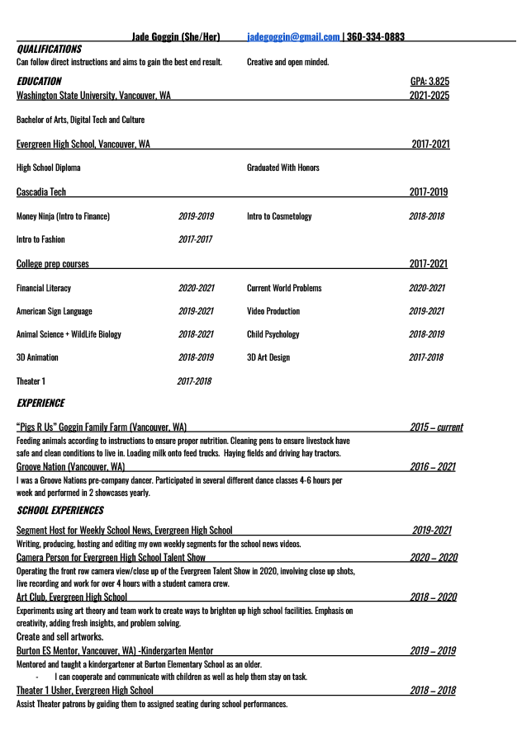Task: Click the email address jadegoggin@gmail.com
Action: (293, 37)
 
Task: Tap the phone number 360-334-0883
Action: (376, 37)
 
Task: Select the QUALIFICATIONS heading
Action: (49, 50)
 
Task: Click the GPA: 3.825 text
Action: (429, 82)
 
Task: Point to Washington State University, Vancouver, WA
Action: (93, 96)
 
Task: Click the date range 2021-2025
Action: (429, 96)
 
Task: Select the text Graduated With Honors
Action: (282, 168)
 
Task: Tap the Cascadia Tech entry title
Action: (41, 192)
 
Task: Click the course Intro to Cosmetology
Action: (279, 216)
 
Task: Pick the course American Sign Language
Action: (55, 311)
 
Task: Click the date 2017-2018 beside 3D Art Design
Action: (426, 357)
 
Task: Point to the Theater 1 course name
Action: (31, 381)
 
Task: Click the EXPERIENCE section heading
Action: (40, 404)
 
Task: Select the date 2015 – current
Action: (436, 427)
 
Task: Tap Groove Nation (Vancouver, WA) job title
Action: (70, 467)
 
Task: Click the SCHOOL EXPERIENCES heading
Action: (60, 511)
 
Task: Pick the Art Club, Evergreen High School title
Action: (72, 597)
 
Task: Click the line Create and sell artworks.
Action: (59, 637)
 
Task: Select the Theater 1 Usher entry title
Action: (84, 691)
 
